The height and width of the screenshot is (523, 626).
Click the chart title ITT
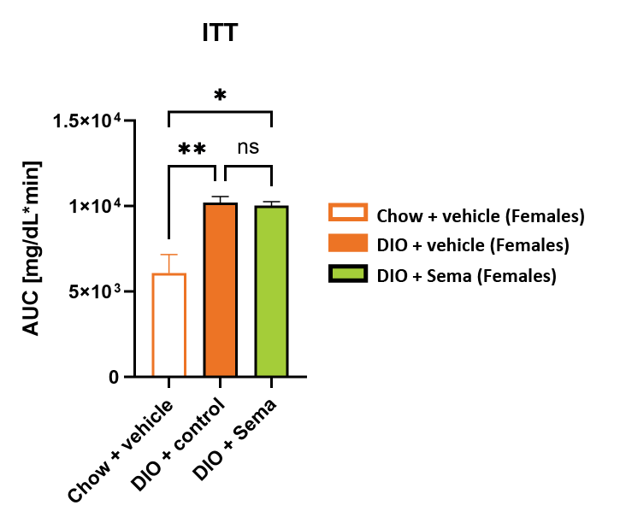pos(220,34)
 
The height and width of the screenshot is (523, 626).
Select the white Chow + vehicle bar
pos(169,325)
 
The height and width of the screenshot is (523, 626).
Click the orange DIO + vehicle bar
pos(220,291)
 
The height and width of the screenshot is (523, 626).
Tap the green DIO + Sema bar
pos(271,291)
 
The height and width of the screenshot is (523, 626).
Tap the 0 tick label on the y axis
pos(114,377)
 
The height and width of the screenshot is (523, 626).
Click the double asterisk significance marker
pos(192,150)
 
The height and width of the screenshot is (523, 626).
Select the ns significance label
pos(247,147)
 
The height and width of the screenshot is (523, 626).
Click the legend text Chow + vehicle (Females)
pos(481,215)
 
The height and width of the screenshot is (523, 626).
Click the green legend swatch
pos(347,274)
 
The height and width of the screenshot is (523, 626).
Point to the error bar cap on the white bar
pos(169,255)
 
